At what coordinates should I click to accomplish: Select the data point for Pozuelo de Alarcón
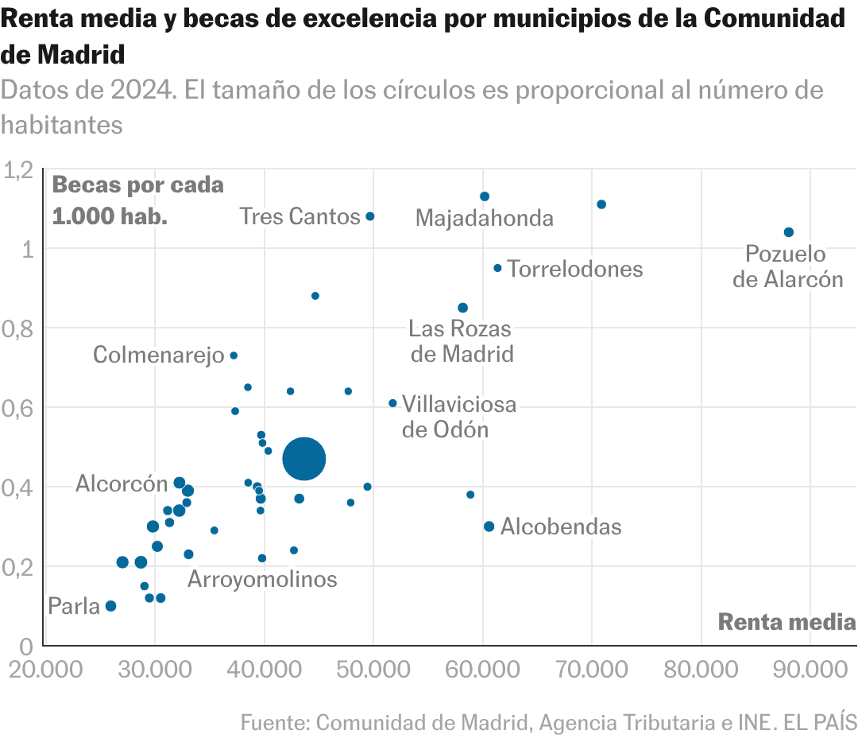(788, 232)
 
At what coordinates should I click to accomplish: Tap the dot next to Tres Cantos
(370, 216)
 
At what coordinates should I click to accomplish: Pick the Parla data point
(110, 606)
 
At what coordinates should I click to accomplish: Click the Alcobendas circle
(489, 526)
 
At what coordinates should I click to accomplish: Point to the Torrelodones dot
(497, 268)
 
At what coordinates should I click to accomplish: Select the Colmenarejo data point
(234, 355)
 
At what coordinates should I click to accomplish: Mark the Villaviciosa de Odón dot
(392, 403)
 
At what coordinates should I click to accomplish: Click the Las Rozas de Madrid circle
(462, 308)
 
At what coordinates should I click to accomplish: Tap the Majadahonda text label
(484, 218)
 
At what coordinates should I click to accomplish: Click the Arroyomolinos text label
(262, 580)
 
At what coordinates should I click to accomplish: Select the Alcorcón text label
(122, 484)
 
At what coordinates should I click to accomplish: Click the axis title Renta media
(786, 623)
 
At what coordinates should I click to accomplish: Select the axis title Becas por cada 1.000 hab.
(137, 200)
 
